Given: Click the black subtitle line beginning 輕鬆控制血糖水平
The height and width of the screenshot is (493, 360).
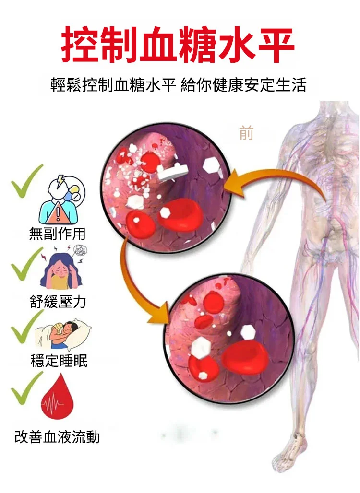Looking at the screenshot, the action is pyautogui.click(x=178, y=85).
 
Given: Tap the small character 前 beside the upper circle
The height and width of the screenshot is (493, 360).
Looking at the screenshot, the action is pyautogui.click(x=246, y=133).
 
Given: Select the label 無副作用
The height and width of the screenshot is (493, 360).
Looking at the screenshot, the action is pyautogui.click(x=57, y=233).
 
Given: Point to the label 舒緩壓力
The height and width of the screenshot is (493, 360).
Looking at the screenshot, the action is pyautogui.click(x=58, y=302).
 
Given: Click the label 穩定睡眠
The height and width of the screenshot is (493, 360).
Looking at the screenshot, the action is pyautogui.click(x=59, y=360).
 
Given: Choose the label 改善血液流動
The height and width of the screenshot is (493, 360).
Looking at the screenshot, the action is pyautogui.click(x=57, y=437).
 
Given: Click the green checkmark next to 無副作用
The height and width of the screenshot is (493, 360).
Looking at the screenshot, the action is pyautogui.click(x=27, y=181).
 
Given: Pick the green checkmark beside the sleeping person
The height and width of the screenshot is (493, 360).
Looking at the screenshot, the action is pyautogui.click(x=27, y=327).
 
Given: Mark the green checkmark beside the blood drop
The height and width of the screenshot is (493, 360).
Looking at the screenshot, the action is pyautogui.click(x=27, y=388).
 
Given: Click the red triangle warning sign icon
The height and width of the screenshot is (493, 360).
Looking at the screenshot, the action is pyautogui.click(x=58, y=213).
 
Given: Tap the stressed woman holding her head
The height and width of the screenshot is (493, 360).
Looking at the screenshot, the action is pyautogui.click(x=61, y=271).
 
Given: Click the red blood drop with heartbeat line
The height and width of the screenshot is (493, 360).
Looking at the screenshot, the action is pyautogui.click(x=57, y=397).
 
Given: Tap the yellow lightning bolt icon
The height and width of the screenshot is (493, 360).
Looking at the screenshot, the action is pyautogui.click(x=60, y=181).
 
